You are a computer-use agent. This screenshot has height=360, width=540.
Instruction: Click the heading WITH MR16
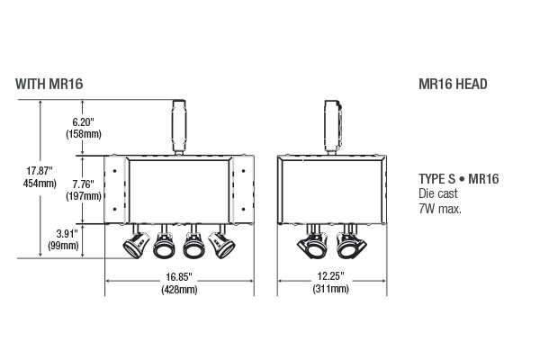pyautogui.click(x=49, y=84)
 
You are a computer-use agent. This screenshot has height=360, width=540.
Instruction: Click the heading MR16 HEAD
pyautogui.click(x=453, y=84)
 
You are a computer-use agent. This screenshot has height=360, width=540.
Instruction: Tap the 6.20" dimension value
pyautogui.click(x=83, y=122)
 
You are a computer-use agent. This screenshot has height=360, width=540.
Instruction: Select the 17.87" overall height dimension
pyautogui.click(x=40, y=170)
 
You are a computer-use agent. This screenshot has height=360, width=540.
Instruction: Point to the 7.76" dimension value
pyautogui.click(x=83, y=184)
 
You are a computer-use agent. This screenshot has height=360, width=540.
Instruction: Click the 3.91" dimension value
pyautogui.click(x=67, y=234)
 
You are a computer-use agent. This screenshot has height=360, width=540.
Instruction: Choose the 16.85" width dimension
pyautogui.click(x=179, y=276)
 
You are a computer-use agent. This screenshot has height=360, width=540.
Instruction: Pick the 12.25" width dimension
pyautogui.click(x=330, y=276)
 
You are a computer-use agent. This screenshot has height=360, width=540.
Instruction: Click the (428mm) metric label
pyautogui.click(x=179, y=290)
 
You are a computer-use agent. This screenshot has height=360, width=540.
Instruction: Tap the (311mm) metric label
pyautogui.click(x=330, y=289)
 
